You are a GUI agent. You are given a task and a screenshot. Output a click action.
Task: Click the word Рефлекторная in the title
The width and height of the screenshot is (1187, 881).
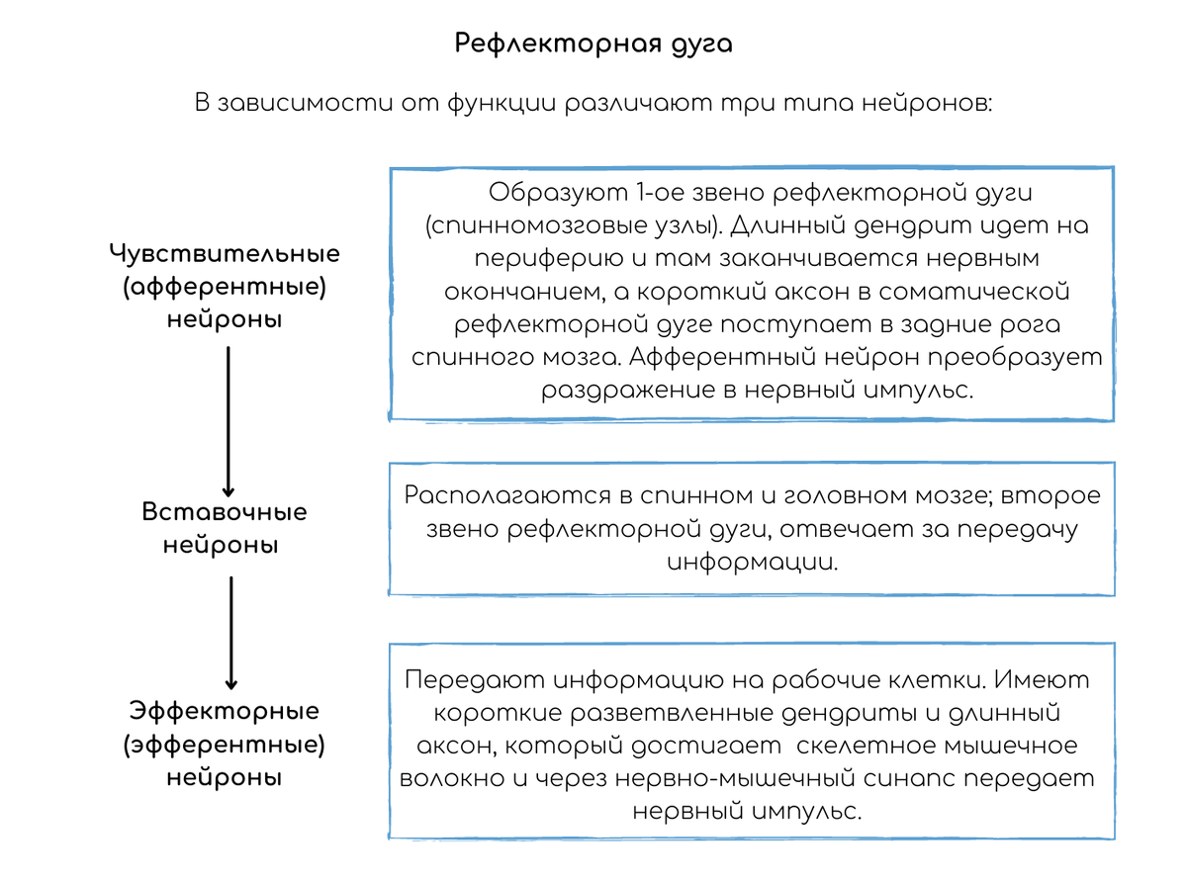point(558,44)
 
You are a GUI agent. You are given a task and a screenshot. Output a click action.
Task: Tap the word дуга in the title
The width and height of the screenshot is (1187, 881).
point(702,44)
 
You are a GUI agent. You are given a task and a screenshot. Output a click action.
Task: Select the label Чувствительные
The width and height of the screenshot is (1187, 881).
point(225,253)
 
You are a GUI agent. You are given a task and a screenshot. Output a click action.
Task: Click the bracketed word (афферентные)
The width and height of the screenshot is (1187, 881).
point(225,288)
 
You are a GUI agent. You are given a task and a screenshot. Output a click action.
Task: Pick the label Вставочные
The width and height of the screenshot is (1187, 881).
point(225,512)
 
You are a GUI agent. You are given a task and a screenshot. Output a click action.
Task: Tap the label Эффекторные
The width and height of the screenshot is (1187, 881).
point(225,712)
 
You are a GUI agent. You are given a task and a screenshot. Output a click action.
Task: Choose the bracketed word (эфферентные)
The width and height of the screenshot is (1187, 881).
point(225,746)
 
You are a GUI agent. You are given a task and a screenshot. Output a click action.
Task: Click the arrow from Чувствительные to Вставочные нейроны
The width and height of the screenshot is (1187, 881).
point(228,422)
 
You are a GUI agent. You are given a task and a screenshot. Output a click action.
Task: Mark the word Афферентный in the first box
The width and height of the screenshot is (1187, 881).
point(722,358)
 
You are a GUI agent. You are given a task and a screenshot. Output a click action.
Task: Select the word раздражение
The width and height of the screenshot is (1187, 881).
point(628,391)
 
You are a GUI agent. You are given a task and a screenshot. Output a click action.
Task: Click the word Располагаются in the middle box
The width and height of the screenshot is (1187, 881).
point(507,495)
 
